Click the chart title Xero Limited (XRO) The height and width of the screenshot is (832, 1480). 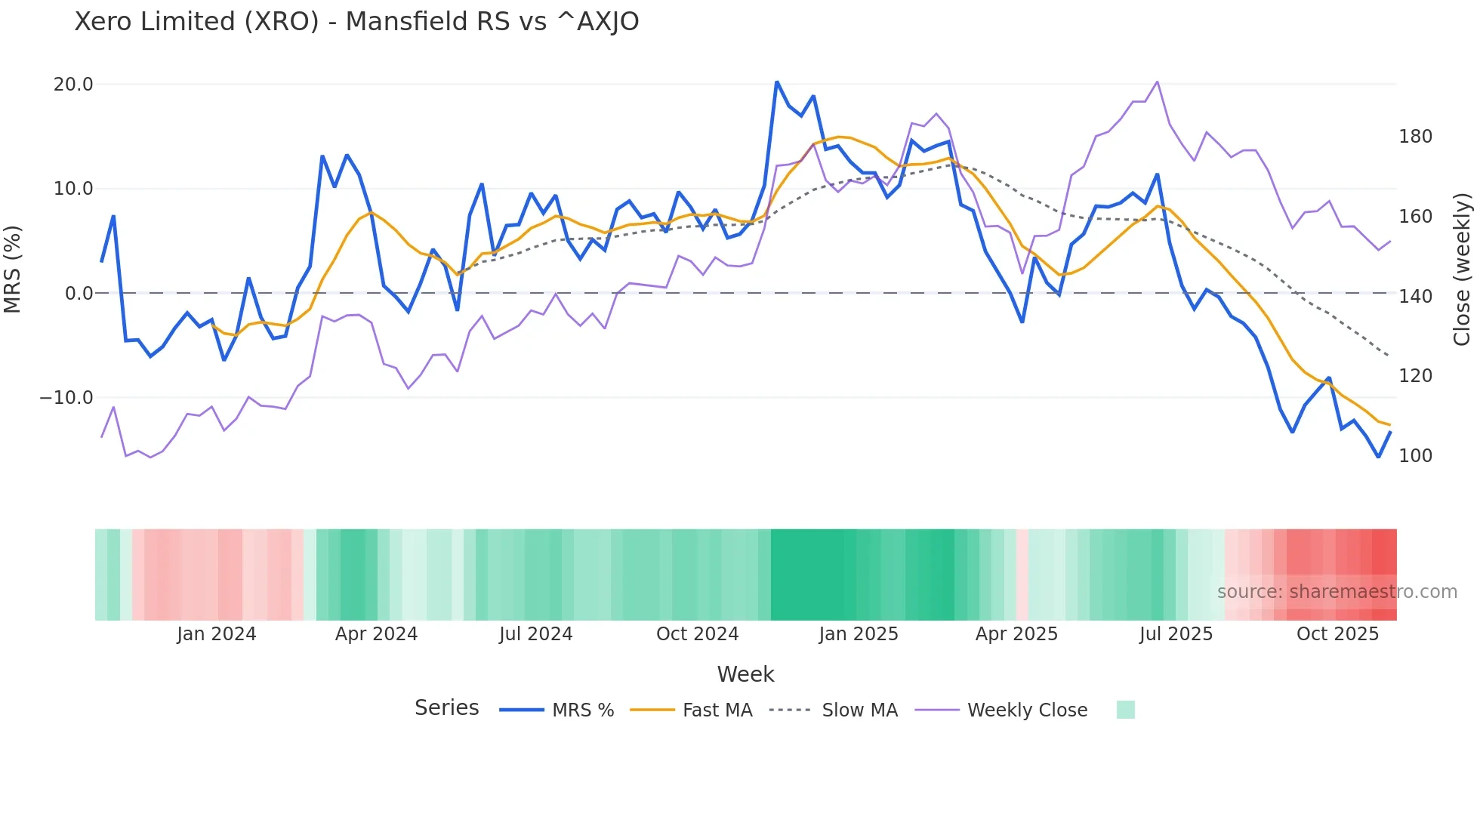click(356, 22)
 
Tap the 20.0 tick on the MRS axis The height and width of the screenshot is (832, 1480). click(73, 85)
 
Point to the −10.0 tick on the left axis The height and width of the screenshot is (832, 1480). click(66, 398)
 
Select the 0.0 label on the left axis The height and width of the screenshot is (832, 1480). click(79, 294)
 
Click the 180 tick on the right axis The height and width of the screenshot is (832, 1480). click(1415, 137)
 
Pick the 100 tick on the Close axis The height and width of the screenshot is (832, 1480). click(1415, 456)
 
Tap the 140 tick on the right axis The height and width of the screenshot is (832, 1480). click(1415, 297)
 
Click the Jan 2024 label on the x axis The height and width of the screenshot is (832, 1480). click(217, 634)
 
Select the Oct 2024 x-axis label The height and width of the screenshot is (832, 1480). click(697, 634)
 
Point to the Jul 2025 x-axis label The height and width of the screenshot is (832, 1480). click(1176, 634)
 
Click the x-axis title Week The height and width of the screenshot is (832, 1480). click(745, 674)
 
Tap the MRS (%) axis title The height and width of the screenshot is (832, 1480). click(13, 270)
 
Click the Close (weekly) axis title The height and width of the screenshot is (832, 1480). click(1463, 270)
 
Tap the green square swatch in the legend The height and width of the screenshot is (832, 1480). click(1125, 710)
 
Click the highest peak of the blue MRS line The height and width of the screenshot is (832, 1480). click(777, 82)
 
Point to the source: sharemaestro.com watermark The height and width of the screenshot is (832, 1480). click(1337, 592)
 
